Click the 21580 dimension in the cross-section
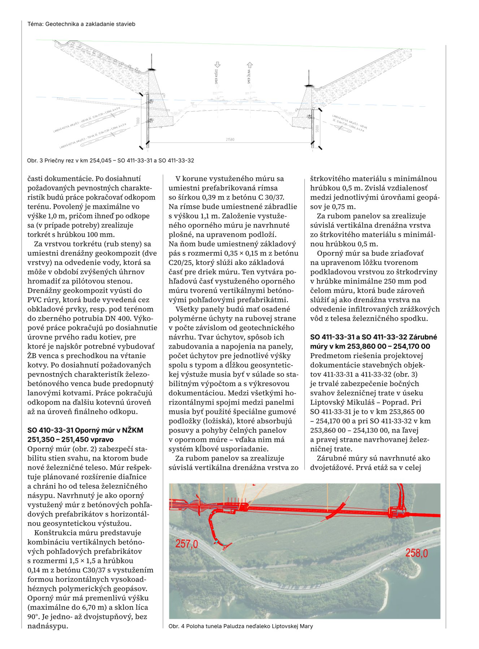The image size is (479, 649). (230, 139)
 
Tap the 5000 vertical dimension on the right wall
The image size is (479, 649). (317, 128)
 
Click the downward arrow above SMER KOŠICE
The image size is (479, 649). (217, 65)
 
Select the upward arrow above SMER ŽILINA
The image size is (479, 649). (249, 65)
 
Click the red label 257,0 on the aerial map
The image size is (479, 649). (187, 543)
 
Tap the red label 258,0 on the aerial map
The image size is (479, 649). (417, 553)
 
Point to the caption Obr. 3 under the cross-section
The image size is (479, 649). (110, 160)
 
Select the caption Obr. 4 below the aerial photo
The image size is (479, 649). (240, 626)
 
